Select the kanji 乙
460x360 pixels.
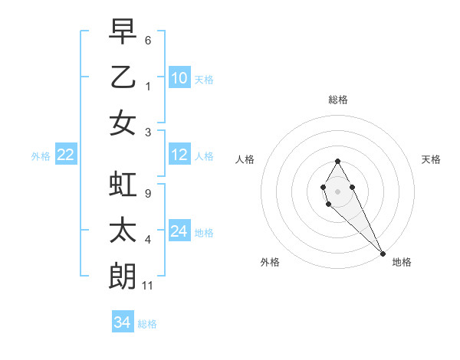(x=123, y=77)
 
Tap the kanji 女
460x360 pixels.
(x=123, y=123)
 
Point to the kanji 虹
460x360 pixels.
(x=123, y=184)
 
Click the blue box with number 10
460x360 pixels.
(x=179, y=77)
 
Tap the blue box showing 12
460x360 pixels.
(x=179, y=155)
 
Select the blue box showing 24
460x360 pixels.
(x=179, y=231)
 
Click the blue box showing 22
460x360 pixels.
(x=66, y=155)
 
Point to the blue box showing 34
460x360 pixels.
(x=122, y=322)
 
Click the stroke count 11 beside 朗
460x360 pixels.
(x=149, y=286)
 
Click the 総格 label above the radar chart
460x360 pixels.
(x=338, y=100)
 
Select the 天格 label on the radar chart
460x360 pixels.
(x=431, y=159)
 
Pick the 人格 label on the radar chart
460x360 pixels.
(x=245, y=159)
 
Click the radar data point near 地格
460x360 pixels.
(x=383, y=254)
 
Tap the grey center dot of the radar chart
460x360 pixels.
(x=337, y=191)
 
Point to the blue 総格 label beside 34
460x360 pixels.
(x=147, y=324)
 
